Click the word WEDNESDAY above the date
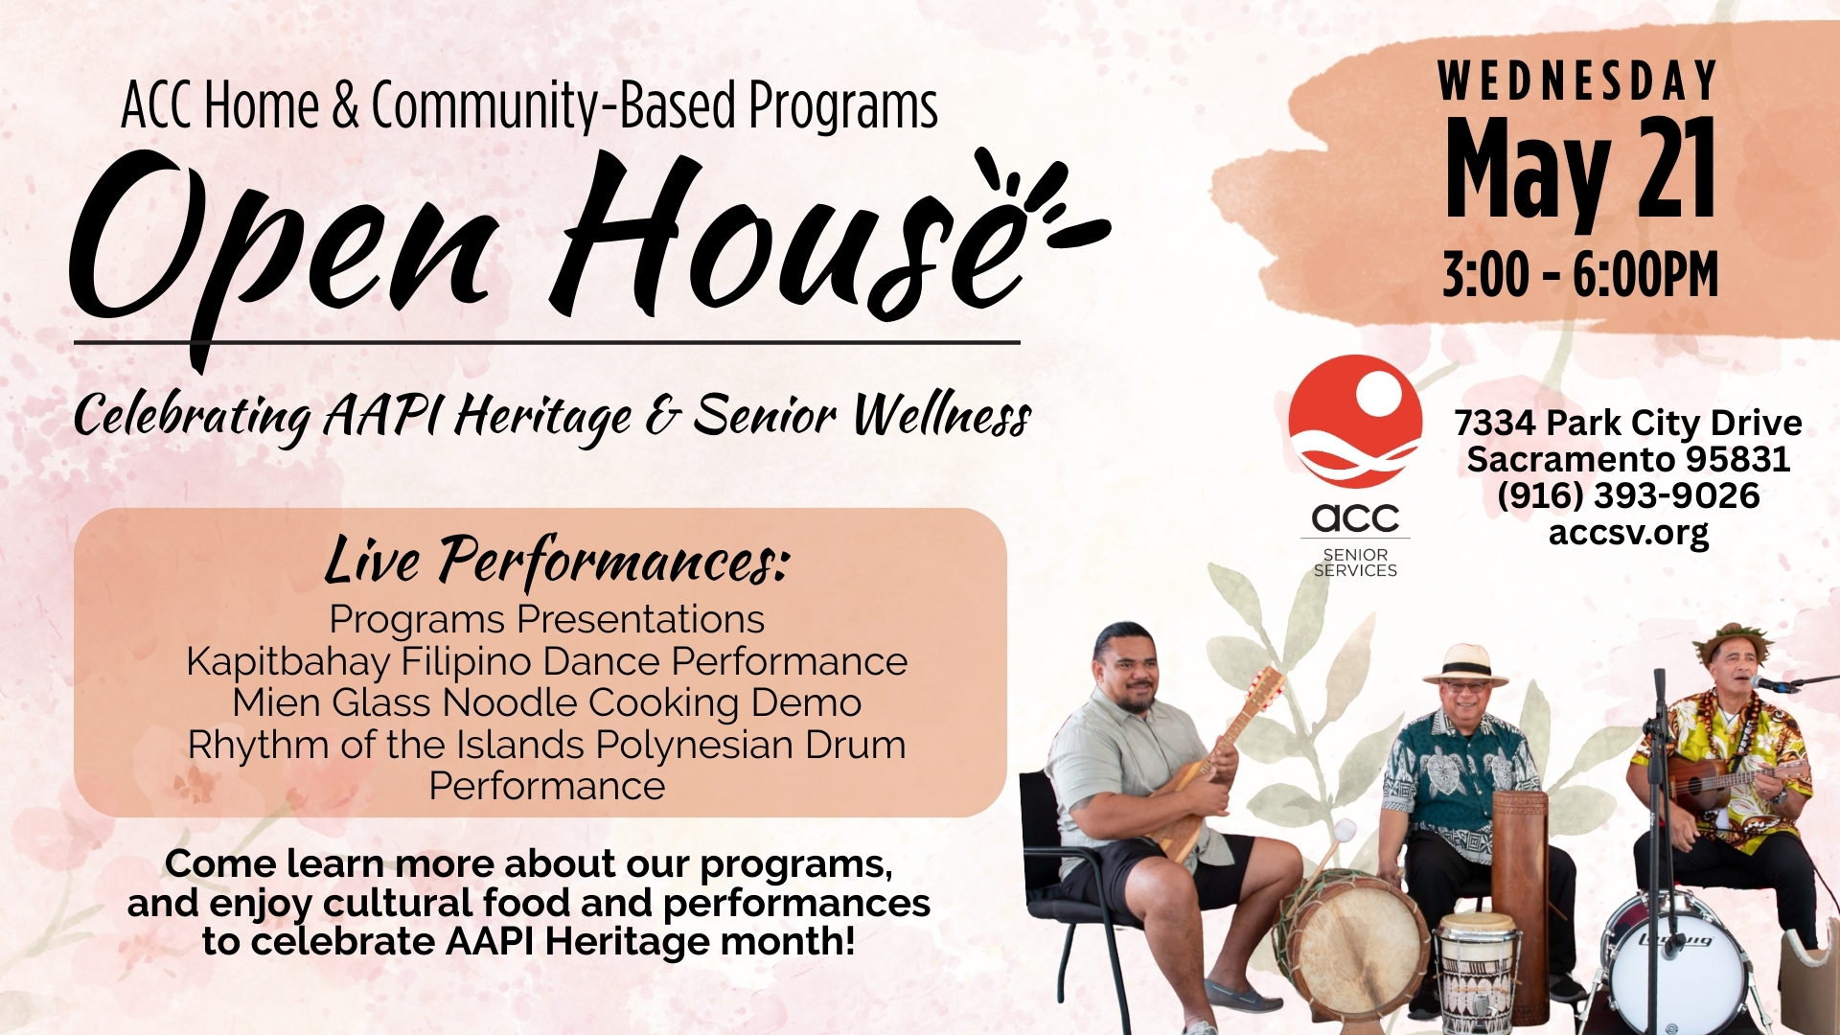(1578, 80)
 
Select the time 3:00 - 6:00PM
(1580, 275)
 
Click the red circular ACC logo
(1355, 422)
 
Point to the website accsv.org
(1628, 533)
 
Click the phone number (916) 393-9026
(1628, 495)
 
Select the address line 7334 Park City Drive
(1628, 423)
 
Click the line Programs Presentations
(547, 620)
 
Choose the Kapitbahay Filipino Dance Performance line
(547, 661)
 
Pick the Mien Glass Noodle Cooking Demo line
(547, 703)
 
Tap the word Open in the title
(283, 249)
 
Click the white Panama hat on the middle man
(1465, 664)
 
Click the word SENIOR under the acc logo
(1355, 555)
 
